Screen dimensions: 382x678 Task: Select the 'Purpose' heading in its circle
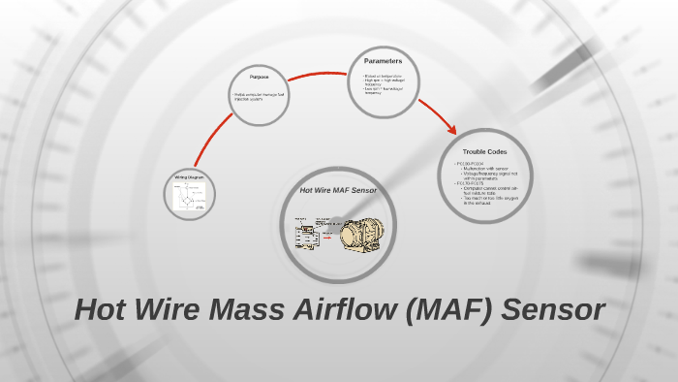coord(259,77)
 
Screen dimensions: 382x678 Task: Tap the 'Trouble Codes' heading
coord(485,152)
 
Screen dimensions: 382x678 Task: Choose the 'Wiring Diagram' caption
coord(188,177)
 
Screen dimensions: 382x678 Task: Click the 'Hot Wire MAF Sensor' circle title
coord(338,190)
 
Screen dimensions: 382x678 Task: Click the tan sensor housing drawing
coord(359,236)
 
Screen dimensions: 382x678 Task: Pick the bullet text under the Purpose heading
coord(259,96)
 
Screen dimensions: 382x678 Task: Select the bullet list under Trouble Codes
coord(487,184)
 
